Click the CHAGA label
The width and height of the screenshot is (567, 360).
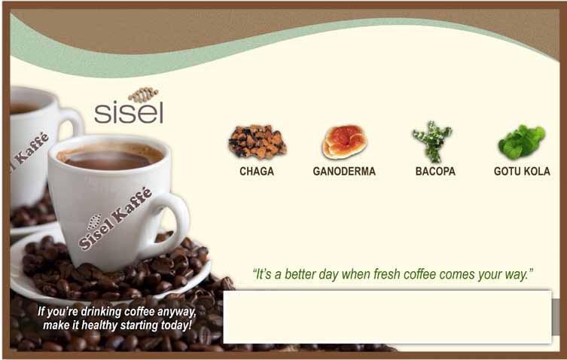256,171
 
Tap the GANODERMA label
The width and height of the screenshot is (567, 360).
344,171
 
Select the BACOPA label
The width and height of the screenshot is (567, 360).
435,171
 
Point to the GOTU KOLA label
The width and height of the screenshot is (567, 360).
522,171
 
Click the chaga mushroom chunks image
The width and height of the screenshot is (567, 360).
257,142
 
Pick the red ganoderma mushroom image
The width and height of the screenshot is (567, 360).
344,142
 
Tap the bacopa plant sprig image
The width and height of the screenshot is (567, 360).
432,142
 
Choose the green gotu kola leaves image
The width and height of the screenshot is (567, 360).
521,142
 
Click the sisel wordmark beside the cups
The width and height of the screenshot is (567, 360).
129,112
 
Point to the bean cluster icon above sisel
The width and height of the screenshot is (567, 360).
143,94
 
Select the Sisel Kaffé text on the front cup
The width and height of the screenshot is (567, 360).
115,219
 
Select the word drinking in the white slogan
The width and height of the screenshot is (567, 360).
101,312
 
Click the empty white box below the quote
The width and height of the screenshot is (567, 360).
388,317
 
